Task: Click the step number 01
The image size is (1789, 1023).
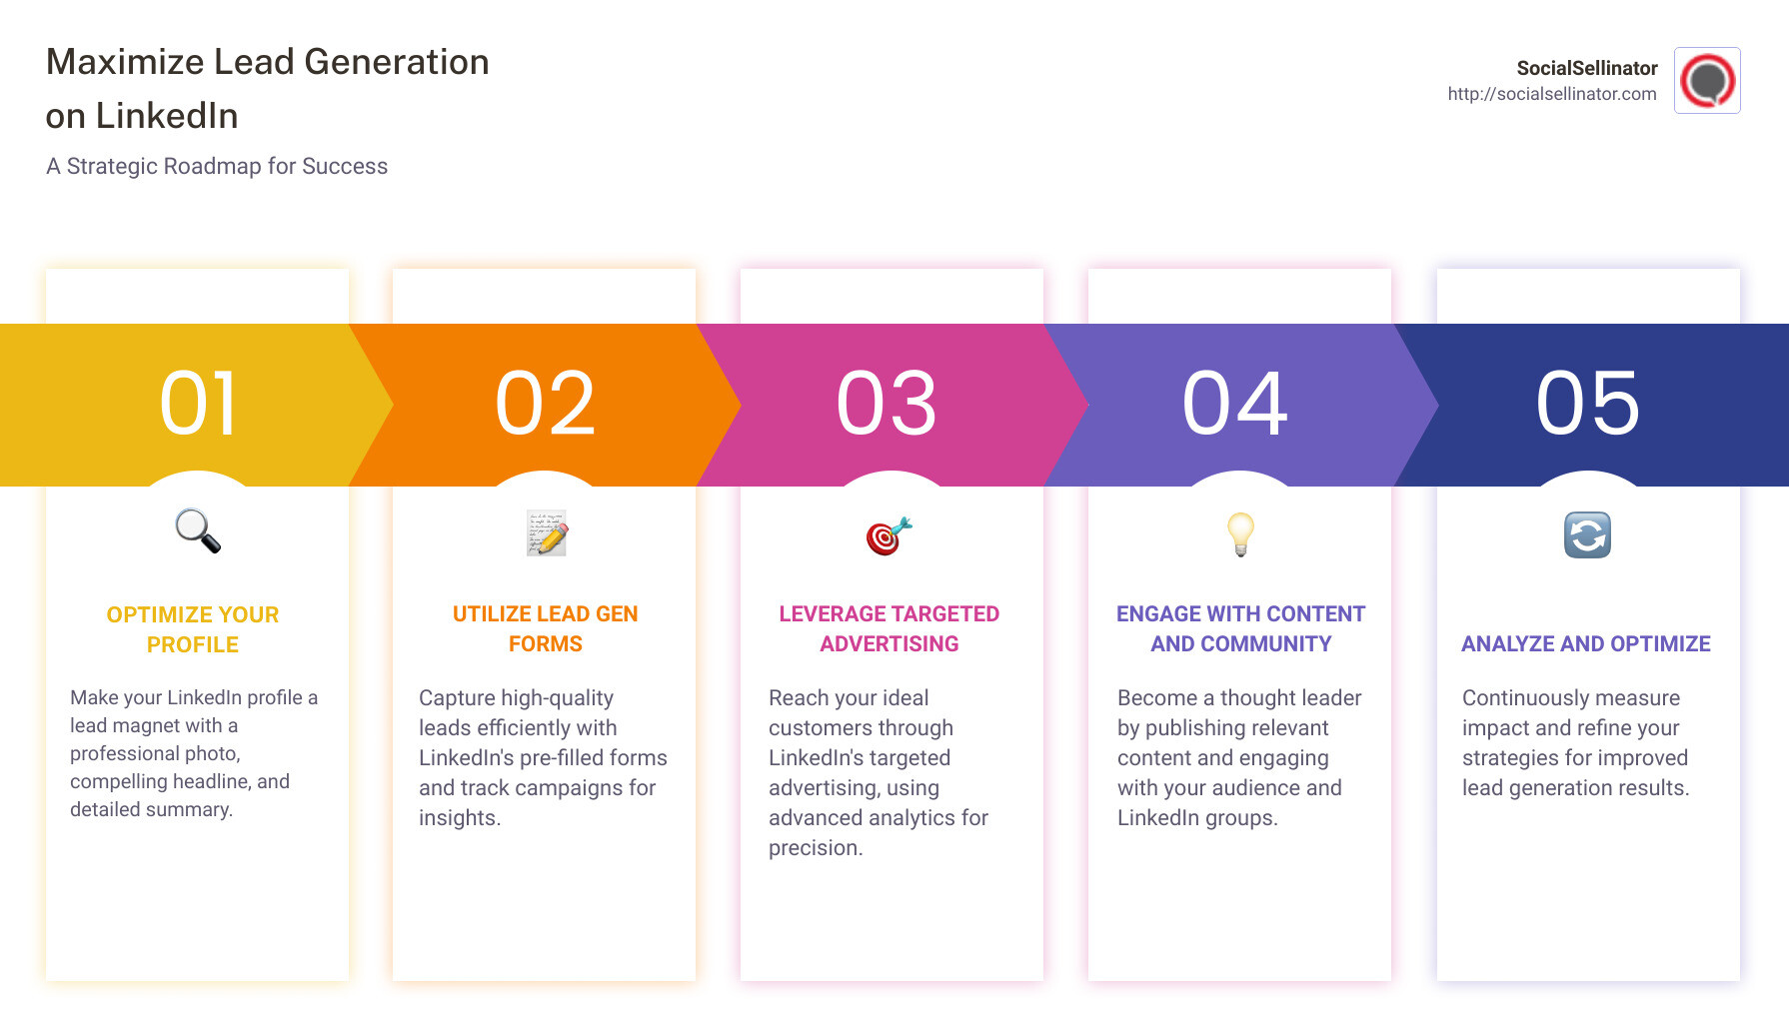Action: tap(198, 404)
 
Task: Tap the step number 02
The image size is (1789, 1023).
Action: tap(545, 404)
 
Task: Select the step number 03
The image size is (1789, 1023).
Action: tap(887, 404)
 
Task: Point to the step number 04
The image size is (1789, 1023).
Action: tap(1235, 404)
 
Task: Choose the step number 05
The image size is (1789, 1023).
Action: tap(1587, 404)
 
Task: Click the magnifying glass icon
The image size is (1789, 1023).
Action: tap(198, 531)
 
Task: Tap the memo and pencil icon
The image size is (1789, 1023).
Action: tap(547, 533)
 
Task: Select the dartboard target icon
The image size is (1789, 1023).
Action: tap(889, 535)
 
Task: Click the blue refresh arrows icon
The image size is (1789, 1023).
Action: tap(1587, 534)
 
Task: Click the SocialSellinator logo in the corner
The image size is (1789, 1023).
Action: tap(1707, 81)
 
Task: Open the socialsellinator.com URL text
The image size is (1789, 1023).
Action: tap(1551, 94)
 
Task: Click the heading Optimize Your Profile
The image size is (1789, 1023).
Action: tap(193, 629)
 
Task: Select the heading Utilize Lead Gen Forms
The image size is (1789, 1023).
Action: tap(545, 628)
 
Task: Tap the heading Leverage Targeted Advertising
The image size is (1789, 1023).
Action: tap(889, 628)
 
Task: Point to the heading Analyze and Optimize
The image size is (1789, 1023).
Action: tap(1585, 644)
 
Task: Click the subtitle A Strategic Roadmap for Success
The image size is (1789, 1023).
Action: tap(217, 166)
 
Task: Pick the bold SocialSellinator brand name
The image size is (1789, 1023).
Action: tap(1586, 68)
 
